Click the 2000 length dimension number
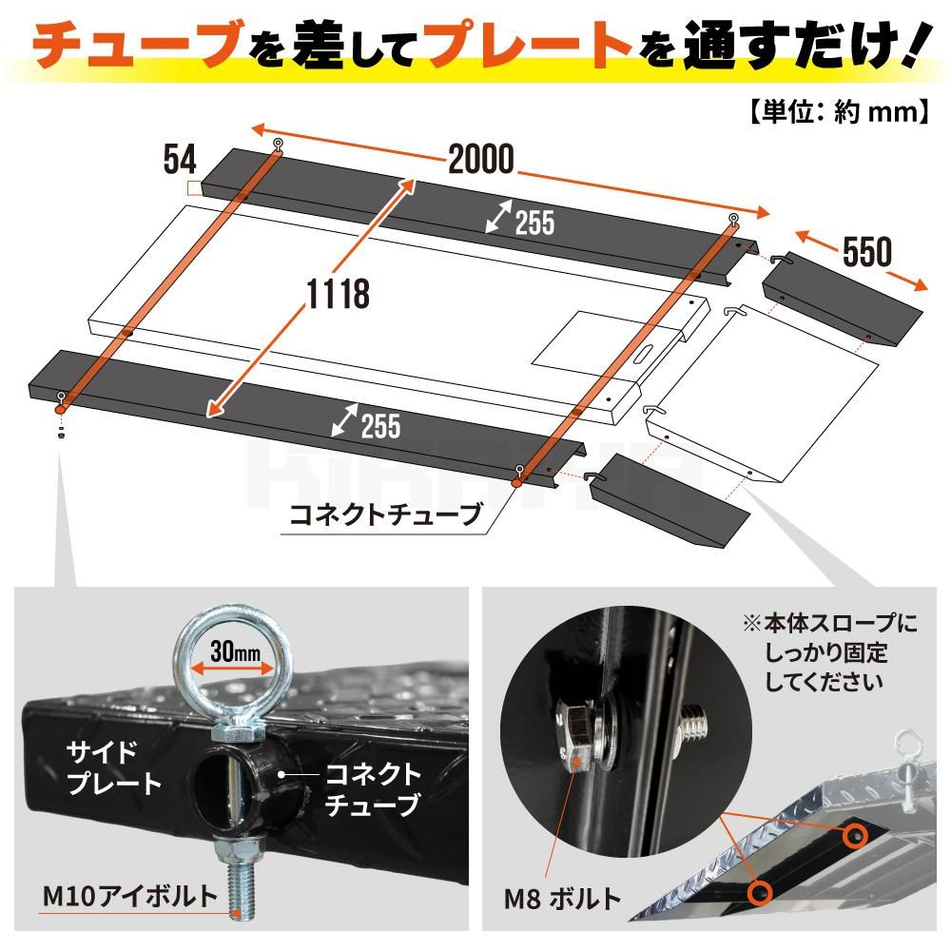tap(481, 160)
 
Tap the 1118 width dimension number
tap(339, 294)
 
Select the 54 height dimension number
tap(180, 160)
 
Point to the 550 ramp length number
tap(867, 251)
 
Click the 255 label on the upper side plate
tap(534, 223)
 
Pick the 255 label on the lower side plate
tap(381, 425)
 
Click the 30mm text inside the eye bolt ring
tap(235, 652)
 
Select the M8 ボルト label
tap(562, 899)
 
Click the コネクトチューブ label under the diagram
tap(386, 514)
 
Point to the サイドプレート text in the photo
tap(113, 767)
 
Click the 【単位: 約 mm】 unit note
tap(840, 111)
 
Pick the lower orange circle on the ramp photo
tap(759, 892)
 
